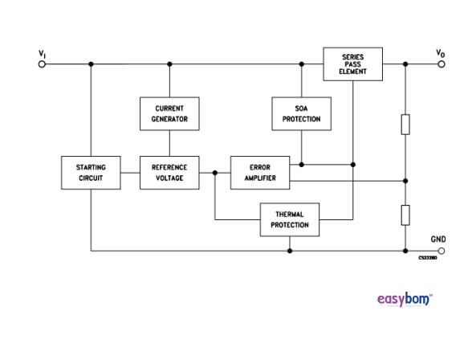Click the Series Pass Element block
click(352, 64)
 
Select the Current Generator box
click(169, 113)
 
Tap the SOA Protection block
click(301, 113)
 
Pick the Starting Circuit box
click(91, 173)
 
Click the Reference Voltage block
click(169, 173)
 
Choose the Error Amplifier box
click(259, 173)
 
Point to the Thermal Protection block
click(289, 219)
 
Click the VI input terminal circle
click(43, 64)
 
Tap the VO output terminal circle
click(441, 64)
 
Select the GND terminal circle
click(441, 251)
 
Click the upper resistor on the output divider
click(405, 125)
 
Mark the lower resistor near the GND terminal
click(405, 215)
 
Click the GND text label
click(438, 239)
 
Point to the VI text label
click(43, 54)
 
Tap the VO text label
click(441, 54)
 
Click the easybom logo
click(404, 300)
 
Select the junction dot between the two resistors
click(405, 181)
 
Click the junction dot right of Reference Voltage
click(215, 172)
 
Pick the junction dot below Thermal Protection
click(289, 251)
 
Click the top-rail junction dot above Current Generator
click(169, 64)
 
